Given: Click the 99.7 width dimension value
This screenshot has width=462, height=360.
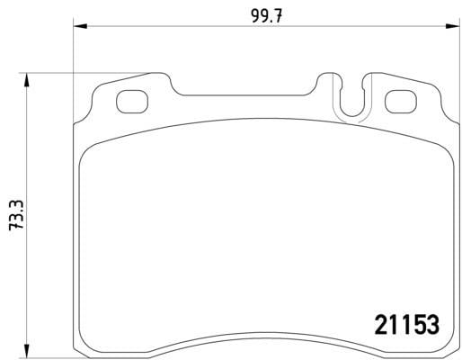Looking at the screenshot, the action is tap(266, 16).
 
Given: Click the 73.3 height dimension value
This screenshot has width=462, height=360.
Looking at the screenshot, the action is tap(16, 215).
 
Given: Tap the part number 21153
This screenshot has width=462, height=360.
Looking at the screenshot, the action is tap(407, 325).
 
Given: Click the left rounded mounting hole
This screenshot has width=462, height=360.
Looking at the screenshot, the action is tap(132, 102).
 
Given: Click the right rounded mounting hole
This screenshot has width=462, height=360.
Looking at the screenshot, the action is tap(401, 102).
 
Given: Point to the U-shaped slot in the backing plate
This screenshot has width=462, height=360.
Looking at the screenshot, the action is tap(352, 114).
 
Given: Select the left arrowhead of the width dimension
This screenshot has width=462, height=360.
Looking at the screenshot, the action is tap(80, 26).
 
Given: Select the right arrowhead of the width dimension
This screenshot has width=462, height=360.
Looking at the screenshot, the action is tap(453, 26).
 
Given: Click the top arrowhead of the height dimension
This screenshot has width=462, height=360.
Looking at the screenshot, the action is tap(27, 79).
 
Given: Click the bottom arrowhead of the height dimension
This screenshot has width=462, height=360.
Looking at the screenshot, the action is tap(27, 351).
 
